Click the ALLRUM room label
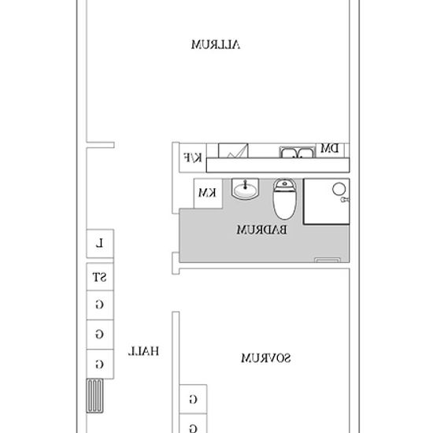click(x=216, y=45)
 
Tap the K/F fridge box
click(x=193, y=157)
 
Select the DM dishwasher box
click(x=330, y=150)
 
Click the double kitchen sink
click(x=297, y=152)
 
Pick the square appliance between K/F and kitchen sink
click(x=233, y=150)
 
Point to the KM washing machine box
click(x=208, y=194)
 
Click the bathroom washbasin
click(x=245, y=189)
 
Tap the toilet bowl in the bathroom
click(x=284, y=199)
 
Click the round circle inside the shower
click(x=339, y=190)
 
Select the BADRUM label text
click(x=261, y=230)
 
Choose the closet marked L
click(x=100, y=244)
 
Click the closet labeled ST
click(x=100, y=276)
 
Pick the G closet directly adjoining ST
click(x=100, y=305)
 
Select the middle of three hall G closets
click(x=100, y=335)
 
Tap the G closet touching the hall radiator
click(x=100, y=364)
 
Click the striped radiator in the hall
click(x=94, y=396)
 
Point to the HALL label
click(x=143, y=351)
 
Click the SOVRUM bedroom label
click(x=266, y=358)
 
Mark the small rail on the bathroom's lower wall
click(x=328, y=260)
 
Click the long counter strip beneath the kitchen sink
click(x=278, y=165)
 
